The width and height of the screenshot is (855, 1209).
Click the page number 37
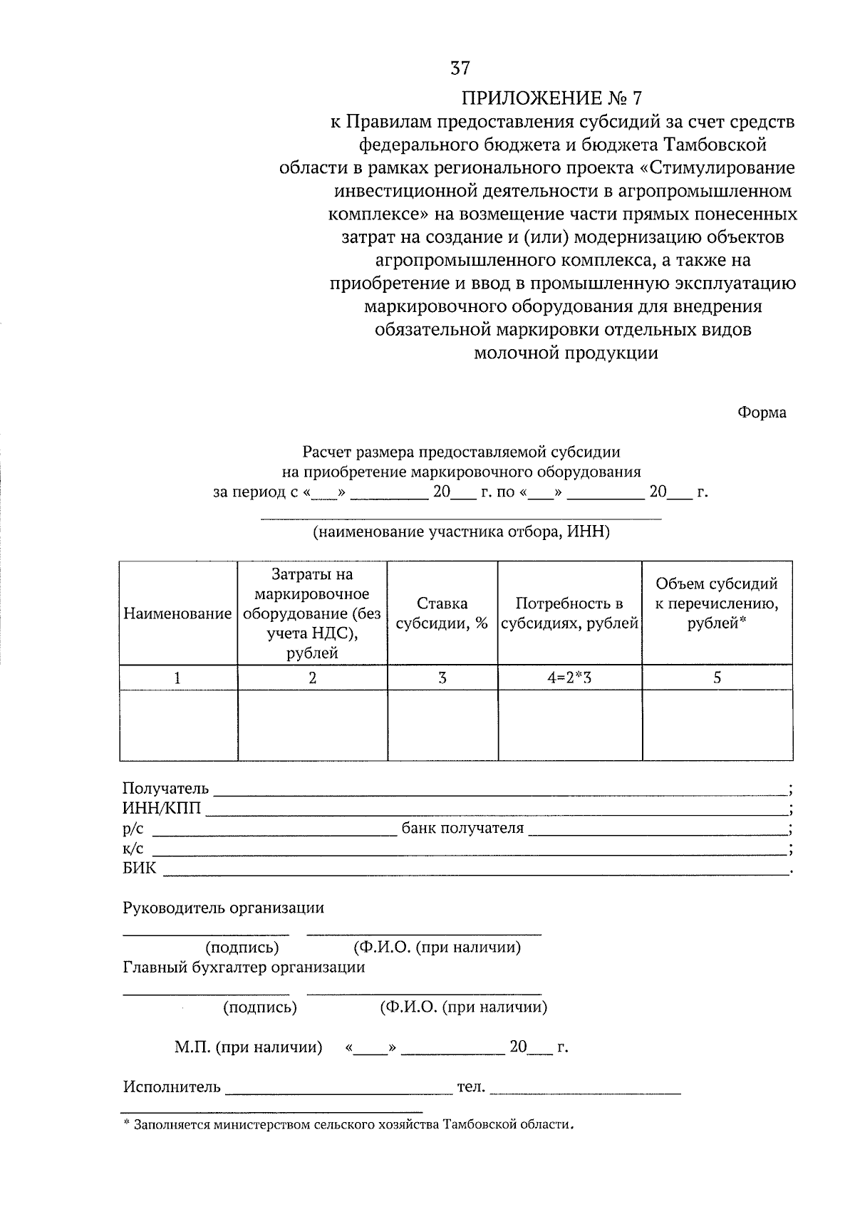pos(460,68)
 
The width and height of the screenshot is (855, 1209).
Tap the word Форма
pos(762,412)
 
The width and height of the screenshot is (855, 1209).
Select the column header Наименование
pos(177,613)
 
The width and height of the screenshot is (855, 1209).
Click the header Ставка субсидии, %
pos(442,613)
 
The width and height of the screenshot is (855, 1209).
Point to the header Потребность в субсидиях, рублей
pos(569,613)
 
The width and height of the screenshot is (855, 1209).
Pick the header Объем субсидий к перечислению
pos(717,603)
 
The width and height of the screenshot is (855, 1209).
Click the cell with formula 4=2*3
pos(569,678)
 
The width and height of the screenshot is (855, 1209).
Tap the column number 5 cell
pos(717,678)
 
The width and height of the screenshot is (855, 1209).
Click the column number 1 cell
pos(177,678)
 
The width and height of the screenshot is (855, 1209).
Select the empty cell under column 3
pos(442,725)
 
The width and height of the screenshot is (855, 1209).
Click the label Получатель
pos(165,788)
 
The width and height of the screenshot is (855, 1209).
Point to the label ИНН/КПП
pos(162,808)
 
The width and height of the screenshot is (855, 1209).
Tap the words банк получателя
pos(462,828)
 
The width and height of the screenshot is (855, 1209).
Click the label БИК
pos(139,868)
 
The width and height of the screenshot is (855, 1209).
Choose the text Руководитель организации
pos(223,908)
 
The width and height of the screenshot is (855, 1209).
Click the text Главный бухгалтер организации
pos(244,967)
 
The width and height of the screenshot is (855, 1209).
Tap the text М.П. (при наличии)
pos(248,1047)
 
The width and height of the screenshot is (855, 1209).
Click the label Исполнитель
pos(172,1087)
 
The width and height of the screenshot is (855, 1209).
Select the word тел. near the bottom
pos(470,1087)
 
